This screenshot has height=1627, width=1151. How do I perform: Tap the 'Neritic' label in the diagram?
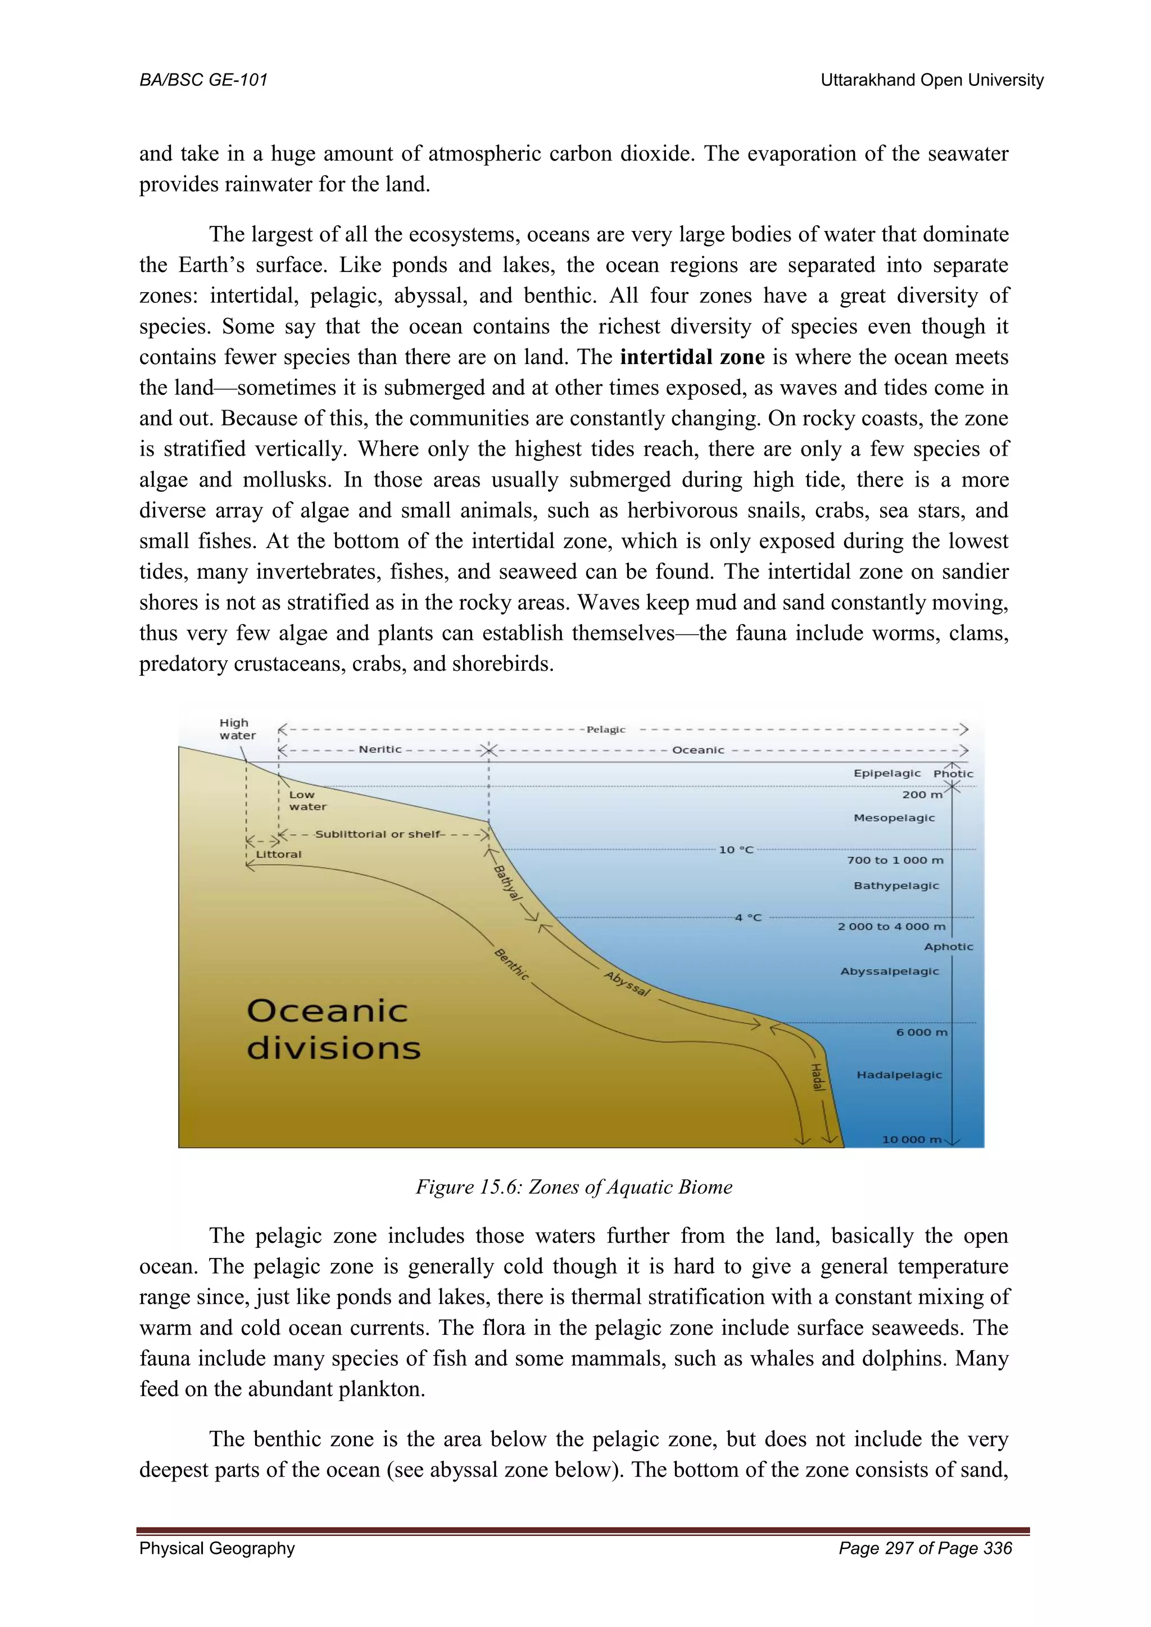[x=380, y=749]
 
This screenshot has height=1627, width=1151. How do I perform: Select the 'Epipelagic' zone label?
[x=887, y=773]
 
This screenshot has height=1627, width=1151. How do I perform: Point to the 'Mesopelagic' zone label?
[x=894, y=818]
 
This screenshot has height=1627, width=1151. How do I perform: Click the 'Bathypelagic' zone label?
[x=896, y=885]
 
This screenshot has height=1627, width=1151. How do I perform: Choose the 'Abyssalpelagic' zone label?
[x=890, y=971]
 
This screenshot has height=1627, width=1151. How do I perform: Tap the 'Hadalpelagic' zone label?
[x=899, y=1074]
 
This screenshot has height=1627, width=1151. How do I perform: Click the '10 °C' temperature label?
[x=736, y=849]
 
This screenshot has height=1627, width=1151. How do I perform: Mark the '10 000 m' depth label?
[x=912, y=1139]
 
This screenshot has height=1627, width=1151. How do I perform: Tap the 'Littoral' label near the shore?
[x=279, y=854]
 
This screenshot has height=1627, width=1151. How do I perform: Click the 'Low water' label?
[x=307, y=801]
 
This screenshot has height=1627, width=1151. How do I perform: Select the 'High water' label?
[x=237, y=729]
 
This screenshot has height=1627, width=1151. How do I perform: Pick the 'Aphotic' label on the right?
[x=948, y=947]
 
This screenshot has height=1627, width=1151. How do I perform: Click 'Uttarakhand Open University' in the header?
[x=931, y=80]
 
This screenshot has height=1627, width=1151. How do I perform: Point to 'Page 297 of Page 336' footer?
[x=925, y=1548]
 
